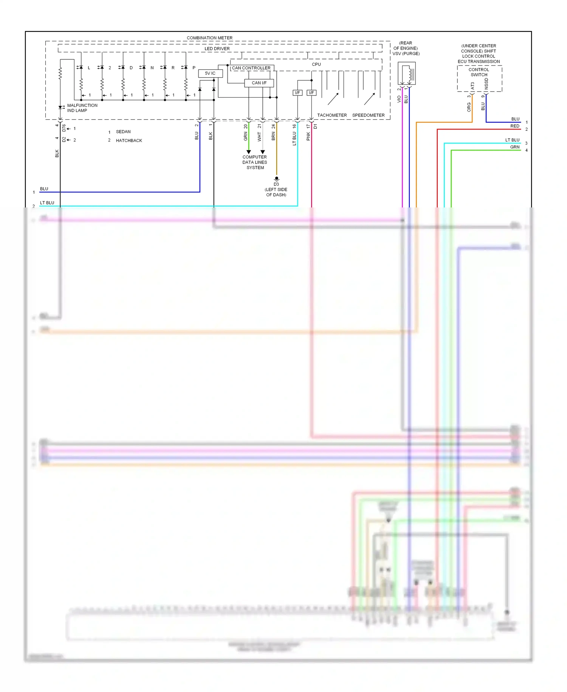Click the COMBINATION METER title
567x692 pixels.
pyautogui.click(x=209, y=38)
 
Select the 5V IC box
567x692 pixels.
pyautogui.click(x=210, y=73)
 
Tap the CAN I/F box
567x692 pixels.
pyautogui.click(x=259, y=83)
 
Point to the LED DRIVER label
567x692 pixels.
pyautogui.click(x=217, y=49)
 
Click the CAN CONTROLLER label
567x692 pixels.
pyautogui.click(x=251, y=68)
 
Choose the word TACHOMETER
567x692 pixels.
pyautogui.click(x=332, y=115)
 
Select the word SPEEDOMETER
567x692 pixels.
pyautogui.click(x=368, y=115)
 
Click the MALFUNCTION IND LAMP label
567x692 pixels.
pyautogui.click(x=82, y=108)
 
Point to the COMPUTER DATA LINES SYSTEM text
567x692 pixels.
pyautogui.click(x=255, y=162)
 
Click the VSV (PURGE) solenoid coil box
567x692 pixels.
pyautogui.click(x=406, y=74)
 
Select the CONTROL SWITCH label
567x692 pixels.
pyautogui.click(x=479, y=72)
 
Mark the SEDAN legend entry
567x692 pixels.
pyautogui.click(x=123, y=132)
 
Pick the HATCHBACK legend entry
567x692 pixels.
pyautogui.click(x=129, y=140)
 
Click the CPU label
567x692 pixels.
pyautogui.click(x=316, y=64)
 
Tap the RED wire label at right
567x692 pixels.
pyautogui.click(x=514, y=126)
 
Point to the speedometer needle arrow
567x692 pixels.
pyautogui.click(x=369, y=99)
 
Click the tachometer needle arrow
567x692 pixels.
pyautogui.click(x=333, y=99)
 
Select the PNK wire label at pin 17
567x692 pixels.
pyautogui.click(x=308, y=136)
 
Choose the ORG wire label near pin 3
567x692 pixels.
pyautogui.click(x=469, y=107)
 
